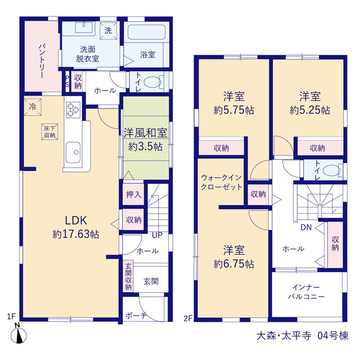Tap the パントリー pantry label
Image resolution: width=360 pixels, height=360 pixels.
(42, 61)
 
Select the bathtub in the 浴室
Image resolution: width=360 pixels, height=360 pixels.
(146, 32)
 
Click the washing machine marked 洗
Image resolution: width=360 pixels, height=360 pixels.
(109, 31)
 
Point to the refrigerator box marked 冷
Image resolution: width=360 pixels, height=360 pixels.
(33, 107)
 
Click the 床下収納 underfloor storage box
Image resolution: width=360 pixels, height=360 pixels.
(49, 132)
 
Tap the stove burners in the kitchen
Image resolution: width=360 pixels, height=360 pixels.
(73, 110)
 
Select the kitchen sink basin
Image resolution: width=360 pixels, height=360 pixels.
(73, 152)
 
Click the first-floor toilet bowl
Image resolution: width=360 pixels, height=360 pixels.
(153, 82)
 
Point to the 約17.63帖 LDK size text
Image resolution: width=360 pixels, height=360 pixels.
(76, 235)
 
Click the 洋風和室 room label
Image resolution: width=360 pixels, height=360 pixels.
(145, 133)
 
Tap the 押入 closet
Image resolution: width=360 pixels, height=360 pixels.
(133, 195)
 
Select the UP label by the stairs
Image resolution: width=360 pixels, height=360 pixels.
(157, 235)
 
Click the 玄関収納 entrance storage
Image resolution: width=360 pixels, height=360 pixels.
(128, 277)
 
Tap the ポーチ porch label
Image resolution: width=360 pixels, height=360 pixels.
(136, 316)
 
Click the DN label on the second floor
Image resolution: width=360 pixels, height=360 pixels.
(306, 227)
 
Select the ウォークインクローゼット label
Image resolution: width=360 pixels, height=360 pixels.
(221, 182)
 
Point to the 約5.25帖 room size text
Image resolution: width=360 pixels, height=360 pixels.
(310, 110)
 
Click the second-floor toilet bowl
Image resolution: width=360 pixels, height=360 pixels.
(331, 170)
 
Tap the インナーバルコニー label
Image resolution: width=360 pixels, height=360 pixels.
(306, 292)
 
